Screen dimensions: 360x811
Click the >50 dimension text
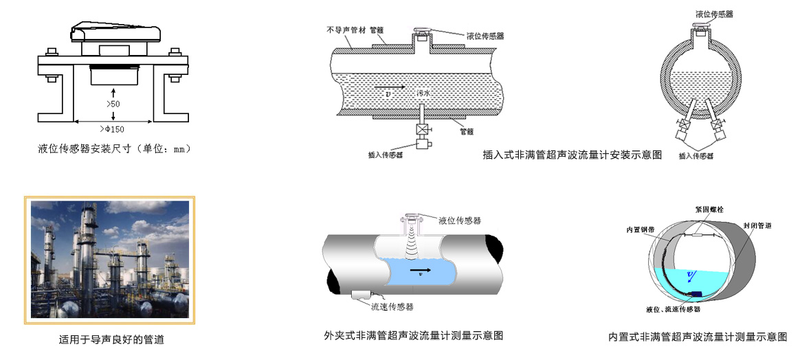(113, 104)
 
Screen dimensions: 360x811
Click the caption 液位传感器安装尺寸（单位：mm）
(113, 148)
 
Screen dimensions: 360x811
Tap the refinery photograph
(110, 258)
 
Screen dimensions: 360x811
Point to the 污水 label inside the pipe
(424, 91)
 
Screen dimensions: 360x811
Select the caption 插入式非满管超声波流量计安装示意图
(573, 155)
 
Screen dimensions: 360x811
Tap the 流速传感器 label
(392, 307)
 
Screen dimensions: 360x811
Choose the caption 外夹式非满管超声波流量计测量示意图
(414, 336)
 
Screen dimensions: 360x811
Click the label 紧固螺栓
(700, 209)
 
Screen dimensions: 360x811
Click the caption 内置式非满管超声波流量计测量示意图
(698, 337)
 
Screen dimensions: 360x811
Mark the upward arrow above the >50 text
(113, 91)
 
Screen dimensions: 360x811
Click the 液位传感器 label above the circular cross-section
(714, 13)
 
